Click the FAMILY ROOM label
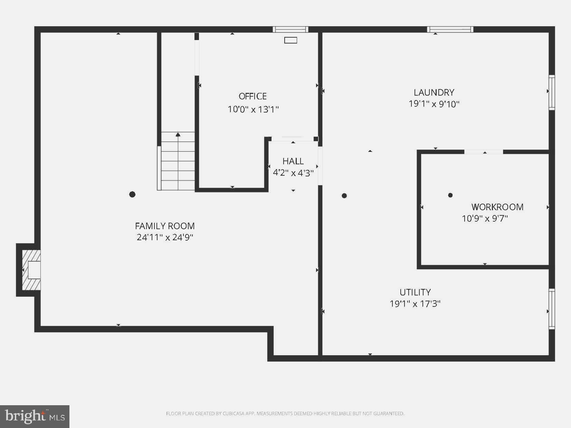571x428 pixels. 165,226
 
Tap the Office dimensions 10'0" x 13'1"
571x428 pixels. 253,109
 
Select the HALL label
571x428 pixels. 293,161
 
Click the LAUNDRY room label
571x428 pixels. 434,93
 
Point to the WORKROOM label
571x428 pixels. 497,207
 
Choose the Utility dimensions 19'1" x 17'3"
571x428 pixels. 415,304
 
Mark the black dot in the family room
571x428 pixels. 132,194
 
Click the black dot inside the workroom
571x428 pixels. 450,195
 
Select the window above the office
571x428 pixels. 290,29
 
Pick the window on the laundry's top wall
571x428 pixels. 450,29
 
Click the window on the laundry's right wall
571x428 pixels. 552,93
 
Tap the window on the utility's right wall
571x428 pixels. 552,309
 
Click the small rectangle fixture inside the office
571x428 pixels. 291,40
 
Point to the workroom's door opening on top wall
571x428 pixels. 483,152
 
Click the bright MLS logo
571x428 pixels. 35,416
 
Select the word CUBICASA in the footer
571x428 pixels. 232,414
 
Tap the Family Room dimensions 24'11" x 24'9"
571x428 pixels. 165,237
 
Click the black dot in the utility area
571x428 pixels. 344,196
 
